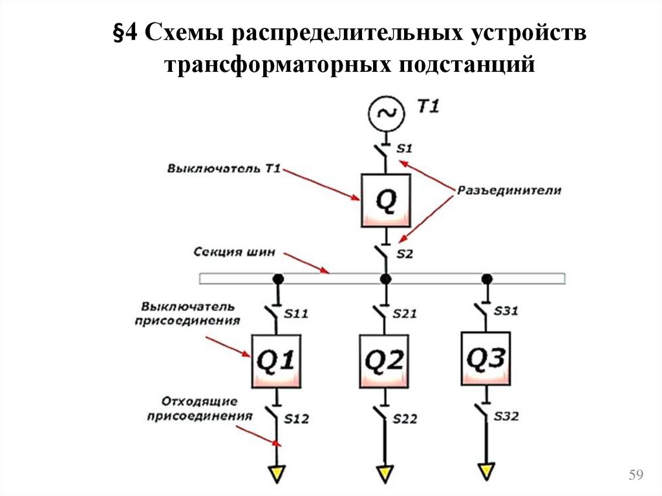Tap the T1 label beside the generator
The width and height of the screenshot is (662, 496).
(427, 107)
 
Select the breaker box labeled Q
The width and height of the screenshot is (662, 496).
(385, 200)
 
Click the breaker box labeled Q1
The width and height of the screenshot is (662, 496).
(277, 361)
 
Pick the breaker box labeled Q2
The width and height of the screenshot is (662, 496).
(384, 361)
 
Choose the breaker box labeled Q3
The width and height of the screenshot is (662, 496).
(486, 358)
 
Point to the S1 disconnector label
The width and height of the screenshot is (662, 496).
(405, 149)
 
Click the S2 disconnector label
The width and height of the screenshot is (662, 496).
(405, 254)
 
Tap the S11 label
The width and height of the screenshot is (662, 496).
(296, 314)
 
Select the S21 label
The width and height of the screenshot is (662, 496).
(405, 314)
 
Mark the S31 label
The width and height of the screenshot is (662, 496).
(506, 311)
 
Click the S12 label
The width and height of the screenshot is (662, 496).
(297, 419)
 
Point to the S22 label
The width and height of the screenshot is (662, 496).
(405, 419)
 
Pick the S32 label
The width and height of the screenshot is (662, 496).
(506, 417)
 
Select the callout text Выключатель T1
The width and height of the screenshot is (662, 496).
(224, 169)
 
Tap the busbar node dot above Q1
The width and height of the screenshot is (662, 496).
(277, 279)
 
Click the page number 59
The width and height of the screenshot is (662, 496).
(635, 477)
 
